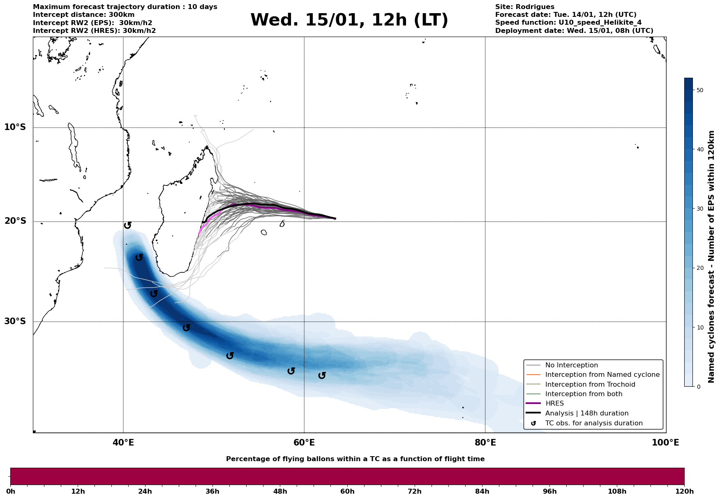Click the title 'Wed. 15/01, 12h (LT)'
pyautogui.click(x=349, y=20)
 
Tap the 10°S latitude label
pyautogui.click(x=15, y=127)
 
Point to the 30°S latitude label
pyautogui.click(x=15, y=321)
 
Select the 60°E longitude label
pyautogui.click(x=304, y=443)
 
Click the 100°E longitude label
pyautogui.click(x=665, y=443)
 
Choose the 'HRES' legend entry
pyautogui.click(x=554, y=404)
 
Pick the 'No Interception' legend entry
pyautogui.click(x=571, y=365)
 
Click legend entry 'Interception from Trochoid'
pyautogui.click(x=590, y=385)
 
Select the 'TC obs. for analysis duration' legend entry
pyautogui.click(x=594, y=423)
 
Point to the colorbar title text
pyautogui.click(x=712, y=257)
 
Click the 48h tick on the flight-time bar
pyautogui.click(x=280, y=491)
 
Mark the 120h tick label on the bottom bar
pyautogui.click(x=684, y=491)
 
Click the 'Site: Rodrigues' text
pyautogui.click(x=524, y=7)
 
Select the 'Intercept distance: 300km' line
pyautogui.click(x=84, y=15)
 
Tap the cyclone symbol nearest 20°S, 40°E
pyautogui.click(x=128, y=225)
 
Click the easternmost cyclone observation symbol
pyautogui.click(x=322, y=375)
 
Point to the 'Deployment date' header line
pyautogui.click(x=574, y=31)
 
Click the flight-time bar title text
pyautogui.click(x=355, y=459)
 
